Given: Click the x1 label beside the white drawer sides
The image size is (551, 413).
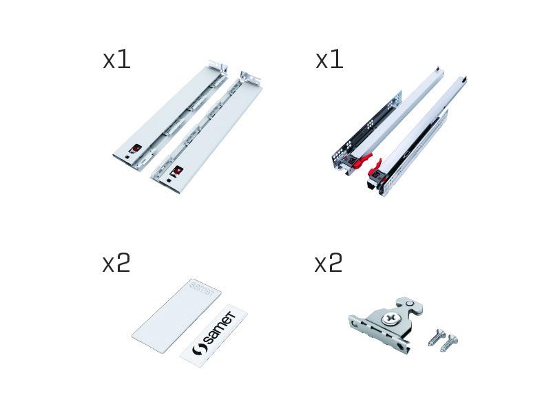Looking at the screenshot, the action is (116, 60).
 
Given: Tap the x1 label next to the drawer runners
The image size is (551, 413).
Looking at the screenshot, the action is (329, 60).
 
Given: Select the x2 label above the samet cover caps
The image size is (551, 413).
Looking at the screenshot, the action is (116, 264).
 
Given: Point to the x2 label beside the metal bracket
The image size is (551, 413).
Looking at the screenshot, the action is (329, 264).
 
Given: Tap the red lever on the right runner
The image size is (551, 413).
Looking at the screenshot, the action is (375, 168).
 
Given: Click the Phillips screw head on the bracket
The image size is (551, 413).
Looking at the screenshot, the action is (390, 319).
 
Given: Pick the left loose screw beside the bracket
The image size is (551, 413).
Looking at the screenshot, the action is (437, 337).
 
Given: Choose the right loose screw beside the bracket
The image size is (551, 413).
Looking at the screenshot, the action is (450, 343).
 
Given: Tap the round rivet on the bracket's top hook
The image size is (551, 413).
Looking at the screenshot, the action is (409, 303).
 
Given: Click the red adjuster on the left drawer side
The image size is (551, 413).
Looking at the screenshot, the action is (136, 149).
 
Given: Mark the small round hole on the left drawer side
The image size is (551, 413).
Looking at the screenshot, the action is (127, 158).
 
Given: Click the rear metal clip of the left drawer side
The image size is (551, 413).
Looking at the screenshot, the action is (218, 67).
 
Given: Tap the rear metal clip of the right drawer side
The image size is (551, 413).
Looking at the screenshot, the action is (250, 78).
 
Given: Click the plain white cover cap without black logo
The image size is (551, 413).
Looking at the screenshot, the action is (176, 316).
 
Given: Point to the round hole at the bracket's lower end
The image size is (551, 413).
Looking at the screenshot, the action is (402, 346).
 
